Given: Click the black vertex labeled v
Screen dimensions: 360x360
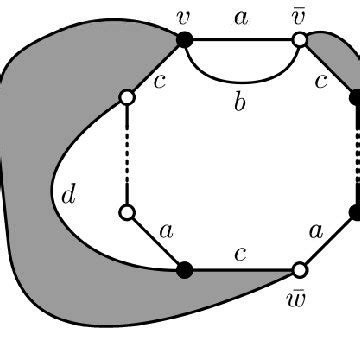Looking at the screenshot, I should click(x=184, y=40).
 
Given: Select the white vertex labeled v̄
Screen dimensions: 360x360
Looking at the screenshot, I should click(x=298, y=40).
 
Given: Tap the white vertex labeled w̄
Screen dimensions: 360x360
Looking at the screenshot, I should click(x=298, y=269).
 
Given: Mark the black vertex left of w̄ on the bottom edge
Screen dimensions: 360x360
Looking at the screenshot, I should click(x=184, y=269).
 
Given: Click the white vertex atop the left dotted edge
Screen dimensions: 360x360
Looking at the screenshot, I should click(x=127, y=97).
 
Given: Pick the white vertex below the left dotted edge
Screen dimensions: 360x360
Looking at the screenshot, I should click(x=127, y=212).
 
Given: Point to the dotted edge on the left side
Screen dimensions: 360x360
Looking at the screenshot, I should click(x=127, y=155).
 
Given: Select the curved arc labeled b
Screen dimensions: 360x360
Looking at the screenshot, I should click(x=240, y=78).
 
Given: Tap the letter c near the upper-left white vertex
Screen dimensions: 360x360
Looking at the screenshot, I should click(x=159, y=80).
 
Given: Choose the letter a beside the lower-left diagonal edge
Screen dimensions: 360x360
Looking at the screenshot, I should click(x=166, y=230).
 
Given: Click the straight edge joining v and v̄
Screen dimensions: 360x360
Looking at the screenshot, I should click(x=240, y=40).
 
